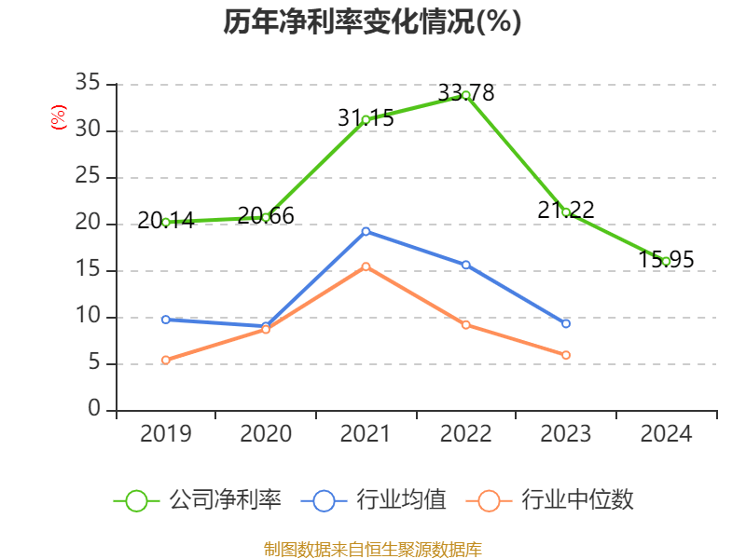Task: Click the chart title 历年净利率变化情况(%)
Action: point(372,21)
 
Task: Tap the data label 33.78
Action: point(466,93)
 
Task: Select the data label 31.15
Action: point(366,117)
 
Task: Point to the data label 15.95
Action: point(666,260)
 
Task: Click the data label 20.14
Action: point(165,221)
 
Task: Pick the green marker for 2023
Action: point(566,212)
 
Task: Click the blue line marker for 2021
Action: point(366,231)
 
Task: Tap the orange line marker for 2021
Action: point(366,266)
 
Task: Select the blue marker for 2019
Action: point(165,320)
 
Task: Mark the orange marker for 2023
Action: point(566,355)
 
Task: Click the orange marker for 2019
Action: point(165,360)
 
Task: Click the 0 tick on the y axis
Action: point(94,410)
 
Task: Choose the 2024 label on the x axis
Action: point(666,434)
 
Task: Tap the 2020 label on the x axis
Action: point(266,434)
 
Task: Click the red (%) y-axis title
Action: point(58,116)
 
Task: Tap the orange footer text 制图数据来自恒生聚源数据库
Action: point(373,549)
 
